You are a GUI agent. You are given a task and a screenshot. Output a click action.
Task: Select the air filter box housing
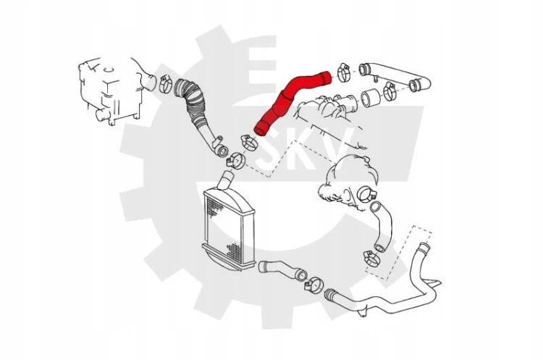click(x=111, y=91)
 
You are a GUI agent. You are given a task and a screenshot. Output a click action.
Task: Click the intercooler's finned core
click(x=229, y=225)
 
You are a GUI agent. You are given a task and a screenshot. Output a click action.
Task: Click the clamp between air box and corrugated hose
click(x=166, y=83)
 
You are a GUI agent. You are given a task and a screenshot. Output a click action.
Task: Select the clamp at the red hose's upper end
click(x=344, y=72)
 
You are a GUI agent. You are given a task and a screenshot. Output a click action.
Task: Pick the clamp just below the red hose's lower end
click(x=249, y=143)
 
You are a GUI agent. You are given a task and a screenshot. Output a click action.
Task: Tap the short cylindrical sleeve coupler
click(x=371, y=98)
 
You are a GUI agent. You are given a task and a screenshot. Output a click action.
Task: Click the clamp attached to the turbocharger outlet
click(x=366, y=194)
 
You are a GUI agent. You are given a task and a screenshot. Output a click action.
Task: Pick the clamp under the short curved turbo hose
click(x=372, y=258)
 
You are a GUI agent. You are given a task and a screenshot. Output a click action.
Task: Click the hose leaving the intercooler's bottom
click(x=282, y=269)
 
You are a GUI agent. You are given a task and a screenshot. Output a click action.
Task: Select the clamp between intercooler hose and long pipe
click(x=314, y=285)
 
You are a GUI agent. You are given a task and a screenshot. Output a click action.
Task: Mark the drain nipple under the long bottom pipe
click(x=363, y=312)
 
